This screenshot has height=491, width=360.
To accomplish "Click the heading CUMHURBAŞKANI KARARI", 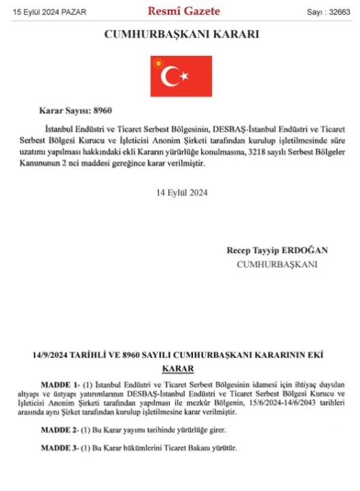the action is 181,34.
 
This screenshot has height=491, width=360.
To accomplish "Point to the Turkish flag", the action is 181,76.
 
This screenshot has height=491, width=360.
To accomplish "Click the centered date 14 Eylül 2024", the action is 181,192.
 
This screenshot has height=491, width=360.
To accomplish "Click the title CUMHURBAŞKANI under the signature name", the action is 277,264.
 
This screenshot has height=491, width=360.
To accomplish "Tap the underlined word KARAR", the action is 177,369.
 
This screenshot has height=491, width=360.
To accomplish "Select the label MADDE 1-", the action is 61,385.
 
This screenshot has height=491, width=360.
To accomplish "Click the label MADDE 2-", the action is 61,430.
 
